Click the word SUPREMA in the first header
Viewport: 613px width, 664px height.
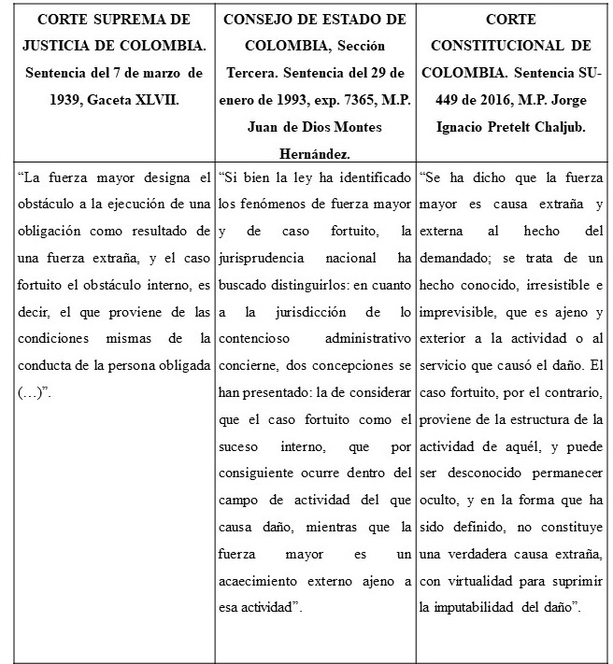(117, 19)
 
